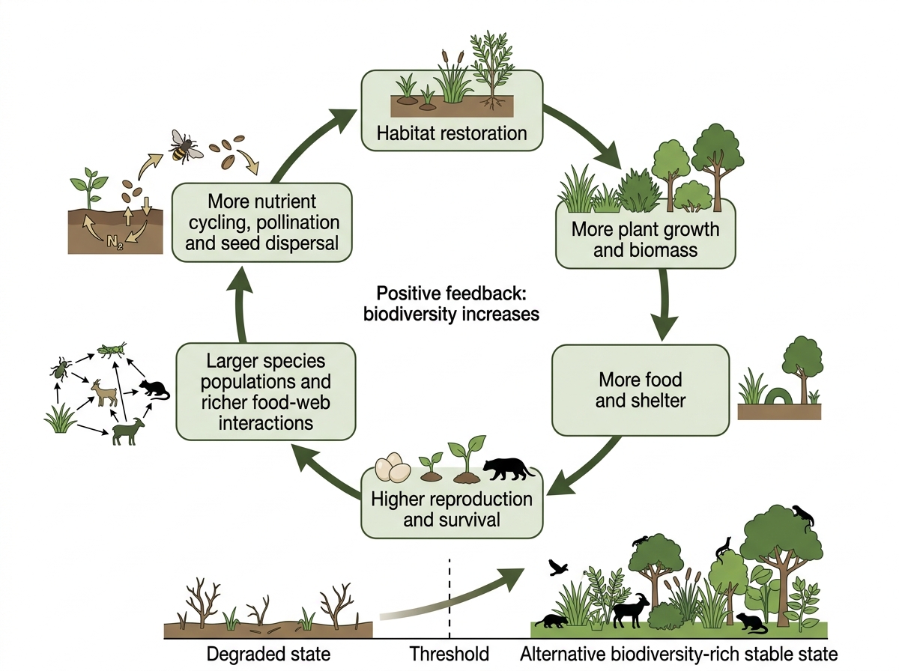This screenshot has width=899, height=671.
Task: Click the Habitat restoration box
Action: [x=452, y=111]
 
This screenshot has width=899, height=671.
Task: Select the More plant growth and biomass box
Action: [x=645, y=234]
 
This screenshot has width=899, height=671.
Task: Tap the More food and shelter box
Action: [x=640, y=389]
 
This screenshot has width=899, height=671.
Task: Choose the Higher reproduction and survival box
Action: [x=452, y=503]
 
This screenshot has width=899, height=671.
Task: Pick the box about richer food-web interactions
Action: [x=266, y=392]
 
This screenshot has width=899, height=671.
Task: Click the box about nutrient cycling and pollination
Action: [x=261, y=222]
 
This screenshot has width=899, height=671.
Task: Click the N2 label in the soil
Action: [x=115, y=242]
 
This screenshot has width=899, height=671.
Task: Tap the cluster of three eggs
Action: [x=393, y=467]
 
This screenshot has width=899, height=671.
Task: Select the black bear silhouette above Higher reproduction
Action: [x=508, y=469]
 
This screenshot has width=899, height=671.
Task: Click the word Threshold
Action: [x=449, y=654]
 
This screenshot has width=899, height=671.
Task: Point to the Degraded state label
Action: [x=268, y=654]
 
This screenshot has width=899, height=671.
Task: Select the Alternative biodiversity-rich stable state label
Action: [x=679, y=654]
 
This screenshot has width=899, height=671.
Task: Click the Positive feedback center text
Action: [x=451, y=304]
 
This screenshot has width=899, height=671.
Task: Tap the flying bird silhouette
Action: [x=558, y=568]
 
